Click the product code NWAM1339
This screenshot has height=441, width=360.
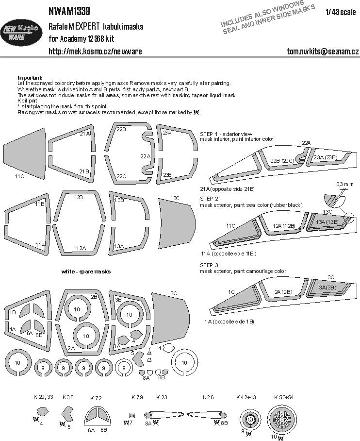click(x=69, y=10)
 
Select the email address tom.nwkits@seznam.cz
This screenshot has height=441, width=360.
click(x=322, y=51)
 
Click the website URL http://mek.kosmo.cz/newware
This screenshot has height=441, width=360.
click(x=95, y=51)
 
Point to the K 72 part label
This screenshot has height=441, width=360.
click(x=96, y=398)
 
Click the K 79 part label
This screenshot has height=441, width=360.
click(x=138, y=397)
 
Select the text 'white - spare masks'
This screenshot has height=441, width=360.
click(x=86, y=271)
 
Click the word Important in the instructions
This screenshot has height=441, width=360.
click(x=30, y=78)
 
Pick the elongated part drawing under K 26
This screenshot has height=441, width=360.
click(x=206, y=415)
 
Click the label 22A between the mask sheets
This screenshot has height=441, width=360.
click(x=145, y=156)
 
